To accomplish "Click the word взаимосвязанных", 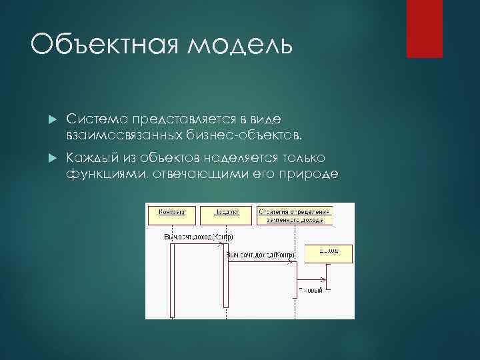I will pyautogui.click(x=123, y=135).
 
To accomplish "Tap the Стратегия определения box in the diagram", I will pyautogui.click(x=295, y=214).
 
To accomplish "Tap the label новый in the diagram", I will pyautogui.click(x=311, y=289).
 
